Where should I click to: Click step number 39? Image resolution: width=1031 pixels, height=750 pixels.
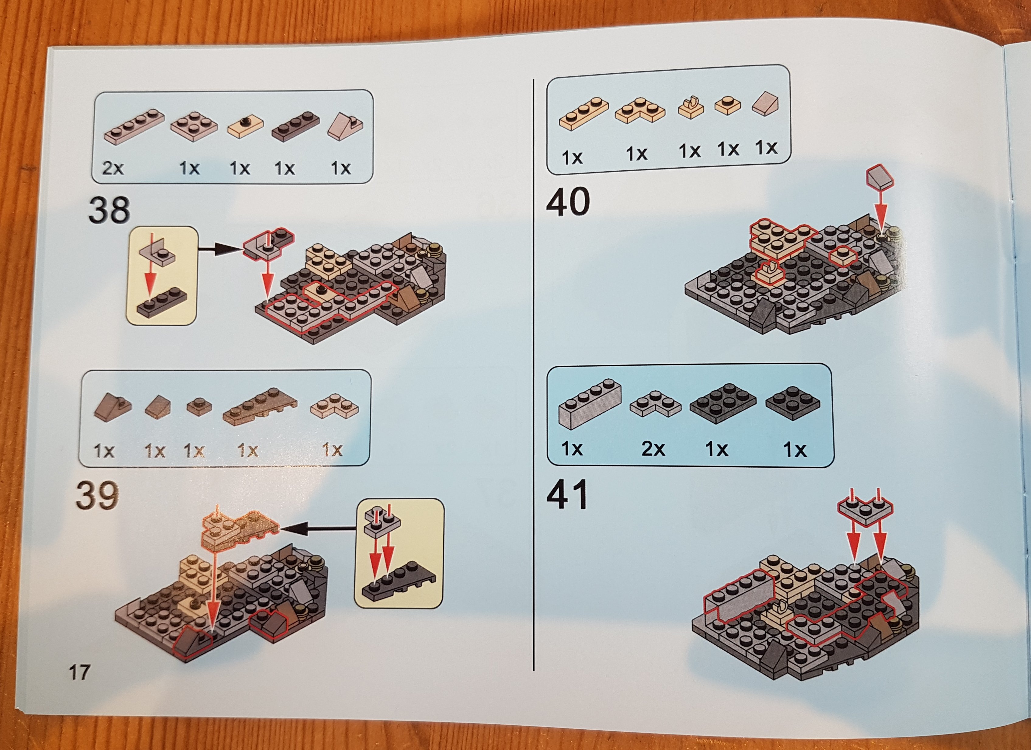click(97, 496)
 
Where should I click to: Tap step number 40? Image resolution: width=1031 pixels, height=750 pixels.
click(568, 202)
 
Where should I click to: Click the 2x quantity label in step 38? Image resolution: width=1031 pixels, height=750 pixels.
click(113, 169)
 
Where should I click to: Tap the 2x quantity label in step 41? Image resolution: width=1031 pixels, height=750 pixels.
click(653, 449)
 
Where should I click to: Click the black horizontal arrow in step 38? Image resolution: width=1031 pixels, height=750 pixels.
click(221, 248)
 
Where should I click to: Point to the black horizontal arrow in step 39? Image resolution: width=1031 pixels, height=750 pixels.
click(316, 528)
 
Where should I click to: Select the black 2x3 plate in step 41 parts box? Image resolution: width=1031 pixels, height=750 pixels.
click(723, 403)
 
